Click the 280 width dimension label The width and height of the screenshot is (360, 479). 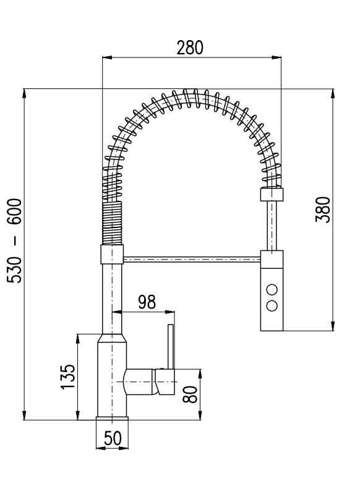pyautogui.click(x=190, y=48)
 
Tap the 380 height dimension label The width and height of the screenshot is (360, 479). pyautogui.click(x=323, y=210)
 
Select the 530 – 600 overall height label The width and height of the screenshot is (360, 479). pyautogui.click(x=15, y=240)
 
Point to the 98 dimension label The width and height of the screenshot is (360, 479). pyautogui.click(x=147, y=302)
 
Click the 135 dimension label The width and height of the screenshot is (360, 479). pyautogui.click(x=67, y=376)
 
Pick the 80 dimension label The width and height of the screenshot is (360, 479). pyautogui.click(x=190, y=394)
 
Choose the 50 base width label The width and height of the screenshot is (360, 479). pyautogui.click(x=113, y=438)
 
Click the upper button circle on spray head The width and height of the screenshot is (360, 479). pyautogui.click(x=272, y=289)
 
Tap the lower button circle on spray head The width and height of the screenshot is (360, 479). pyautogui.click(x=272, y=306)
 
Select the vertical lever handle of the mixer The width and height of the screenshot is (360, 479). pyautogui.click(x=171, y=346)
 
